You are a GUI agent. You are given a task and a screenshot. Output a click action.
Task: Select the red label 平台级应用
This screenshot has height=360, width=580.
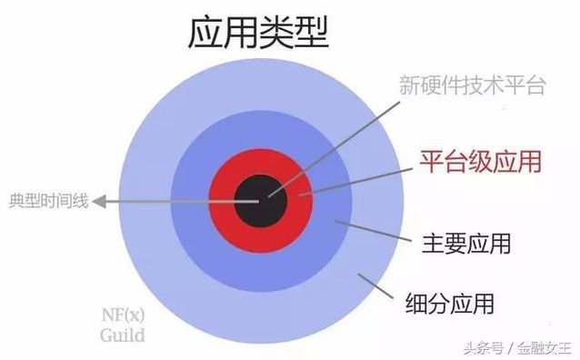[x=480, y=162]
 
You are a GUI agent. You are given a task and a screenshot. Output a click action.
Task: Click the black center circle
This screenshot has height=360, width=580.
[x=260, y=201]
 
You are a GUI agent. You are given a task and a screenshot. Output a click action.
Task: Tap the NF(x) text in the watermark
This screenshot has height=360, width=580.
[x=121, y=315]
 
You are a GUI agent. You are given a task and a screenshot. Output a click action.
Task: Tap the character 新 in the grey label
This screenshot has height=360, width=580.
[x=408, y=86]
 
